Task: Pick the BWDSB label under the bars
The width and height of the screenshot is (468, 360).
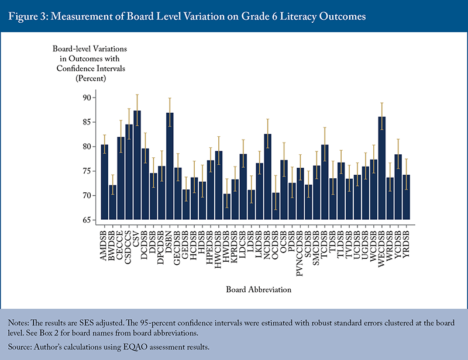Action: (x=113, y=245)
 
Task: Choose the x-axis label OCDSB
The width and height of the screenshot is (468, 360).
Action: (x=276, y=245)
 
